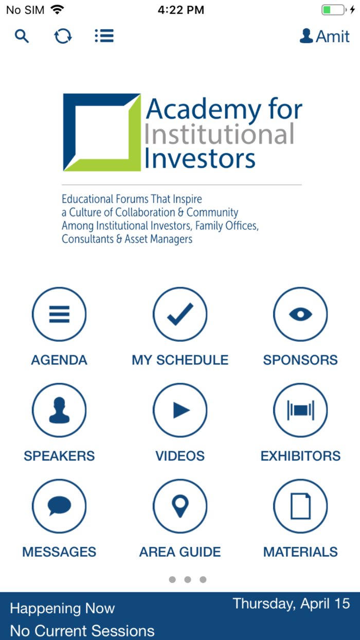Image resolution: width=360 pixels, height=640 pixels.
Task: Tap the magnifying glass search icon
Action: point(22,36)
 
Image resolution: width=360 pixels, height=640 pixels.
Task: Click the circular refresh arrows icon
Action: point(63,36)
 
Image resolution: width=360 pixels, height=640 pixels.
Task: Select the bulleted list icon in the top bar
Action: point(104,36)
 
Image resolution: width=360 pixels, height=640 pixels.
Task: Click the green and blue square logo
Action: point(102,132)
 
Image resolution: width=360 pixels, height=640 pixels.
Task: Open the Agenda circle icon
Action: point(59,314)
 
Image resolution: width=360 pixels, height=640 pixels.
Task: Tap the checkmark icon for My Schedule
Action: point(180,314)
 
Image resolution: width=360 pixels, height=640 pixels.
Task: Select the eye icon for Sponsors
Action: point(300,314)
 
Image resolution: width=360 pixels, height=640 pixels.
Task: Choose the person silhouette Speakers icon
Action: point(59,411)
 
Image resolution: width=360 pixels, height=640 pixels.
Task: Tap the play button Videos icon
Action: point(180,411)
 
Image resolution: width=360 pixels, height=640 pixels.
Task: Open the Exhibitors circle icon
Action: point(300,411)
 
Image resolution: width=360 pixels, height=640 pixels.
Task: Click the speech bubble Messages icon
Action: point(59,507)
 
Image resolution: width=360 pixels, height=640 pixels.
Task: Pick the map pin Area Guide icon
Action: point(180,507)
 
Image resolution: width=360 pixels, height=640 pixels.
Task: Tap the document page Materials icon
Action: point(300,507)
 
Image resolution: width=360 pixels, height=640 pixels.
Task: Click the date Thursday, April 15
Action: point(291,603)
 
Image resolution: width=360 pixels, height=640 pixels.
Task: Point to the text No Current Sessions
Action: point(82,631)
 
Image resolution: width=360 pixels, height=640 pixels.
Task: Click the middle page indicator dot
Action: point(188,580)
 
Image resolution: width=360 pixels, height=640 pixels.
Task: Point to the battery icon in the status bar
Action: point(333,10)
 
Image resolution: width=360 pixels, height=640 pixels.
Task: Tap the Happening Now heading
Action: point(62,609)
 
